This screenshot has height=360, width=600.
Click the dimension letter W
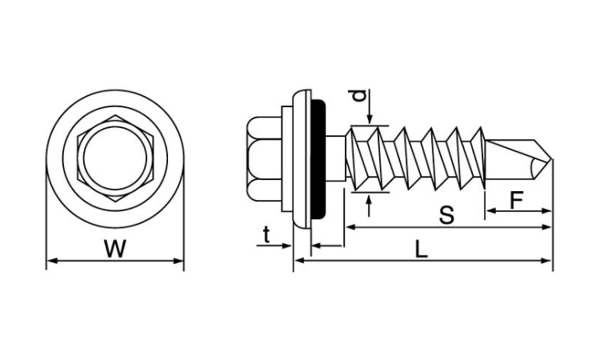(x=115, y=248)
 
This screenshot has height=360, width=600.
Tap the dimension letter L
(x=421, y=250)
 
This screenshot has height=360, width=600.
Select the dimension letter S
(x=446, y=215)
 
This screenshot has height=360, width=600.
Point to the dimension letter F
(x=516, y=201)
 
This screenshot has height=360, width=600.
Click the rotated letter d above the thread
(x=358, y=96)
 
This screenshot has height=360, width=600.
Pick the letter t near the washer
(x=266, y=235)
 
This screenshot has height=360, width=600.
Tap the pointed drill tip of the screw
(x=551, y=159)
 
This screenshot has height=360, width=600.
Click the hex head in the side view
(x=264, y=158)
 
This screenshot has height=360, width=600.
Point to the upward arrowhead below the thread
(x=369, y=199)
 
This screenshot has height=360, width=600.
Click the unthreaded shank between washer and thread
(x=335, y=158)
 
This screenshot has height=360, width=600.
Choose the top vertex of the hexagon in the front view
(x=115, y=115)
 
